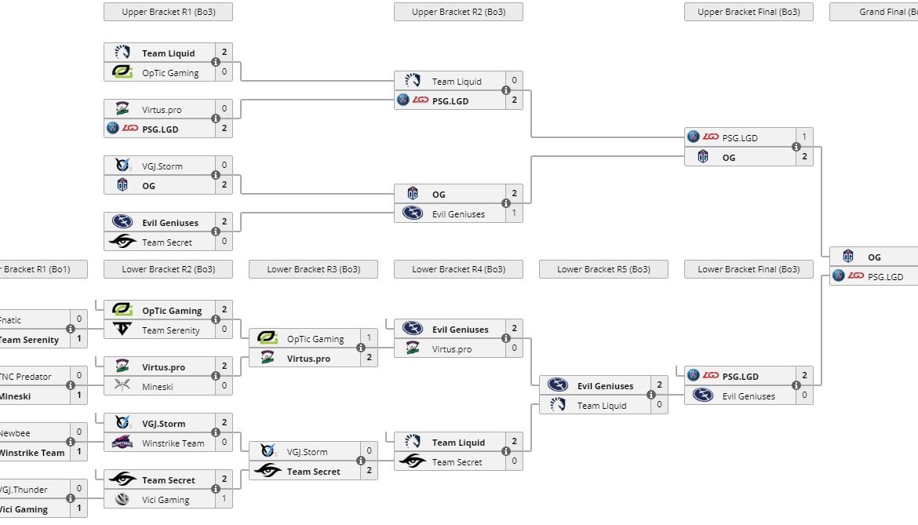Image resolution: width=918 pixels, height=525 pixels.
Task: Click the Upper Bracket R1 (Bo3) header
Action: (168, 12)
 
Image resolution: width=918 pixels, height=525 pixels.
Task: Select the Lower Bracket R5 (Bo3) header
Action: (603, 269)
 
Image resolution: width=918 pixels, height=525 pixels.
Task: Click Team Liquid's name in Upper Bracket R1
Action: (168, 53)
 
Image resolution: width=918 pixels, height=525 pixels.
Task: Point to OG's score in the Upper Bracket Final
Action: (803, 157)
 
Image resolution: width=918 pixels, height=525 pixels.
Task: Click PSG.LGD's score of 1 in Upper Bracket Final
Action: (803, 137)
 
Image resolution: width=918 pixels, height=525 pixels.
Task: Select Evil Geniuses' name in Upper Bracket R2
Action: (458, 213)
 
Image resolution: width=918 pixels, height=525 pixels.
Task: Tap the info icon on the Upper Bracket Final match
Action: (796, 147)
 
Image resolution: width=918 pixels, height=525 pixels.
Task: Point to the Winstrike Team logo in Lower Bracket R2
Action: (122, 443)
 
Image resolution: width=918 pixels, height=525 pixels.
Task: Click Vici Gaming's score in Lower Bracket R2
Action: (224, 499)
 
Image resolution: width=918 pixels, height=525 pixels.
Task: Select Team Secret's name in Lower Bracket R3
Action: (313, 472)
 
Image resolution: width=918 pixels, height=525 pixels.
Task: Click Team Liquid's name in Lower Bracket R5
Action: (602, 406)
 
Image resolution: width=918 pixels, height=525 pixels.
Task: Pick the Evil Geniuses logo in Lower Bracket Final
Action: (703, 396)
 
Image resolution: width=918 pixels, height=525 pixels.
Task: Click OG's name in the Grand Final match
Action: (874, 257)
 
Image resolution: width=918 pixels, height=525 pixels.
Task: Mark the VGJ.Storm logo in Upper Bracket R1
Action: (122, 166)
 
